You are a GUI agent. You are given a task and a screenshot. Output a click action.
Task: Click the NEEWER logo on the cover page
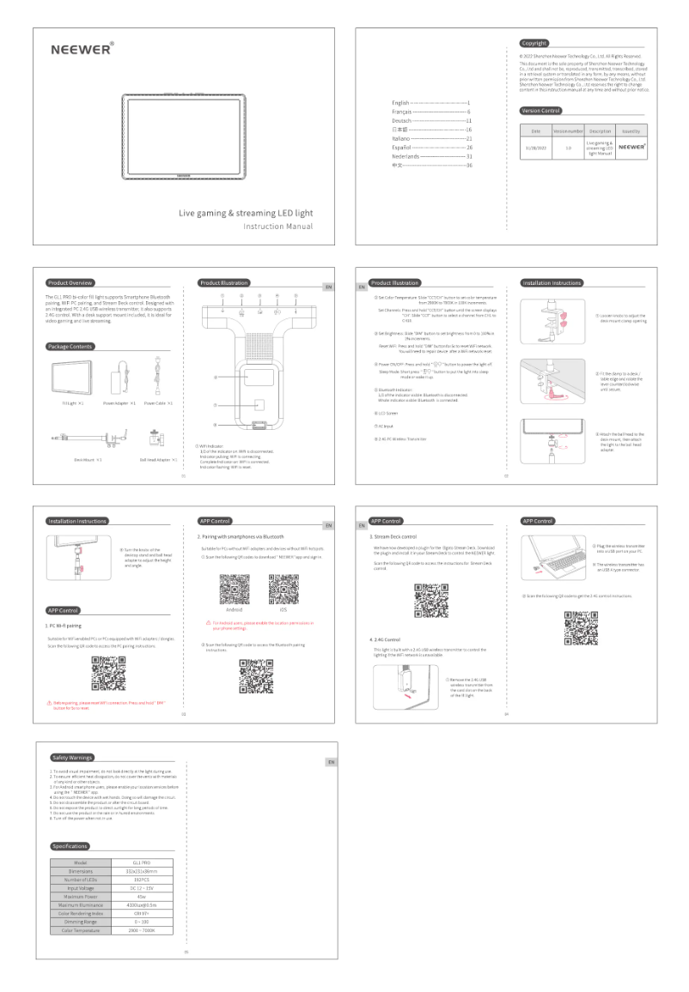click(x=78, y=49)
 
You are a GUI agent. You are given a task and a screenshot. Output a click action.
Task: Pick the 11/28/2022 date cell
click(x=535, y=147)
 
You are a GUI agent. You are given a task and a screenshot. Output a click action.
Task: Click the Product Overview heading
click(x=71, y=282)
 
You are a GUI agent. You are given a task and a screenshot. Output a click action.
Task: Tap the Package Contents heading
click(x=71, y=347)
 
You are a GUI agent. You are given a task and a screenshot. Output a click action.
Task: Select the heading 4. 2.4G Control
click(x=387, y=638)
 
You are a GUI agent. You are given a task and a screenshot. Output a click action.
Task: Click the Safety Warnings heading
click(x=72, y=757)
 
